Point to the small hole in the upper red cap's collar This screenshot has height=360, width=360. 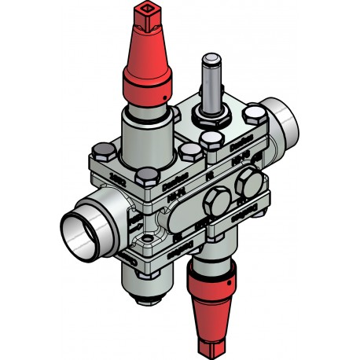click(164, 94)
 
